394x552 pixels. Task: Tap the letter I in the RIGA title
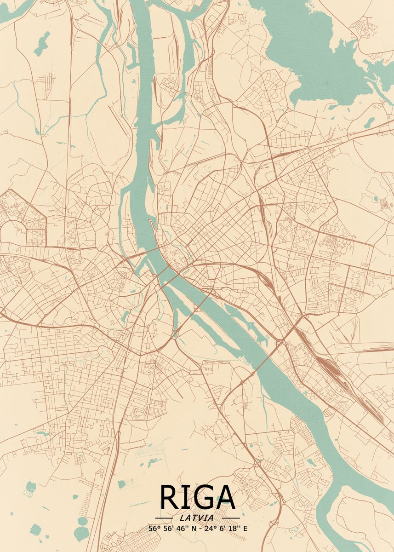184,497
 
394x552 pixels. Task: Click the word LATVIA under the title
197,518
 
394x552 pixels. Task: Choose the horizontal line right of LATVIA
231,518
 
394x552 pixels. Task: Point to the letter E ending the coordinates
245,529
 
